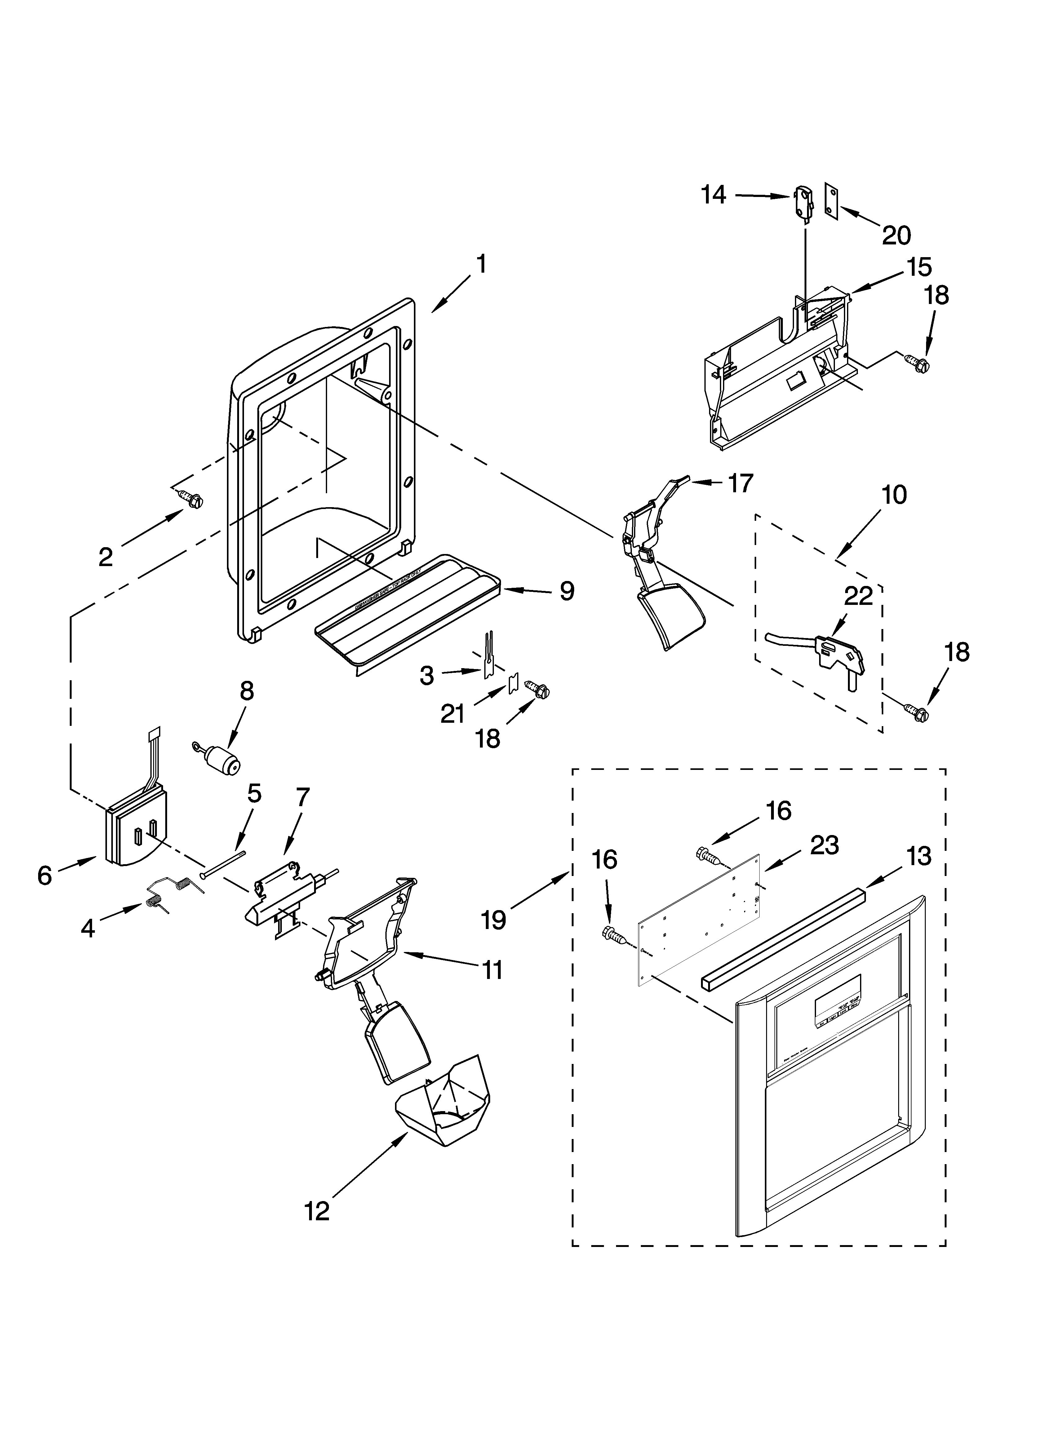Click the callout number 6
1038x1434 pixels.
(44, 876)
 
